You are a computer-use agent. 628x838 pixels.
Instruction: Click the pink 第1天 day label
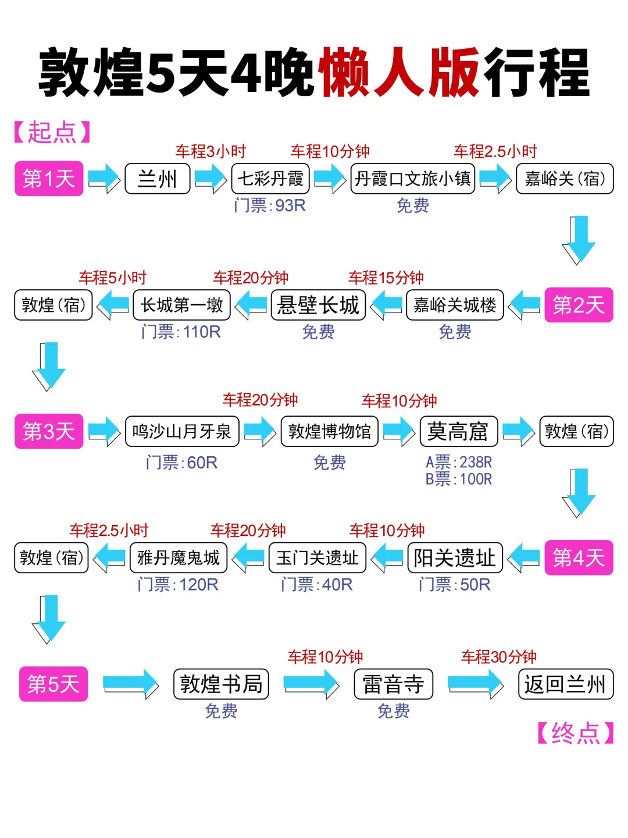point(49,179)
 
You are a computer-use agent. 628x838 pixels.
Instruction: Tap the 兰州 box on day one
point(157,179)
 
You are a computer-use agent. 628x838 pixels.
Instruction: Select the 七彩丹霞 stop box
point(270,179)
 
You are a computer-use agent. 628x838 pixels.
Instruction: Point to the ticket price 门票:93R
point(269,205)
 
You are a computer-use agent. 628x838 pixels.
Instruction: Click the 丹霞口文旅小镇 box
point(413,179)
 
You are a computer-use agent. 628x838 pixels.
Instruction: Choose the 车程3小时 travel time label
point(210,152)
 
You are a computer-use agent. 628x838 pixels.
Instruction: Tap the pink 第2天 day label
point(579,305)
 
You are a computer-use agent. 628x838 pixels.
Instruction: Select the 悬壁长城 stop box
point(318,305)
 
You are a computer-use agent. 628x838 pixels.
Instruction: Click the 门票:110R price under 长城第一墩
point(181,332)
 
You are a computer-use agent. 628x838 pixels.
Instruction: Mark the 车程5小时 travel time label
point(112,278)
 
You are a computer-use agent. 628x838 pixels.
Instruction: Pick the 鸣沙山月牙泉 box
point(182,431)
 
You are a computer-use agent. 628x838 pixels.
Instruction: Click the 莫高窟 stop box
point(458,431)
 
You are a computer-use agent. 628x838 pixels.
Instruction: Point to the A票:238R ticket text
point(459,462)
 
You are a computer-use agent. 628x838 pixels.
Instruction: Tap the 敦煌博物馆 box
point(329,431)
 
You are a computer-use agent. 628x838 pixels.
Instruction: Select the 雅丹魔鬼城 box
point(179,558)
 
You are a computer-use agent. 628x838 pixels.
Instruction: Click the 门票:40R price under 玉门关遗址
point(316,584)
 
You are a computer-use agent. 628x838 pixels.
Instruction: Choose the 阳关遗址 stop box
point(455,558)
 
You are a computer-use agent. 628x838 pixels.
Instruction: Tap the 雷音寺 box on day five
point(394,684)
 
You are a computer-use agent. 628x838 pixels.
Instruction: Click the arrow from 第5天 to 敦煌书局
point(130,684)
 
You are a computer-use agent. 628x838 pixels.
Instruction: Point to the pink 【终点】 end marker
point(575,733)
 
